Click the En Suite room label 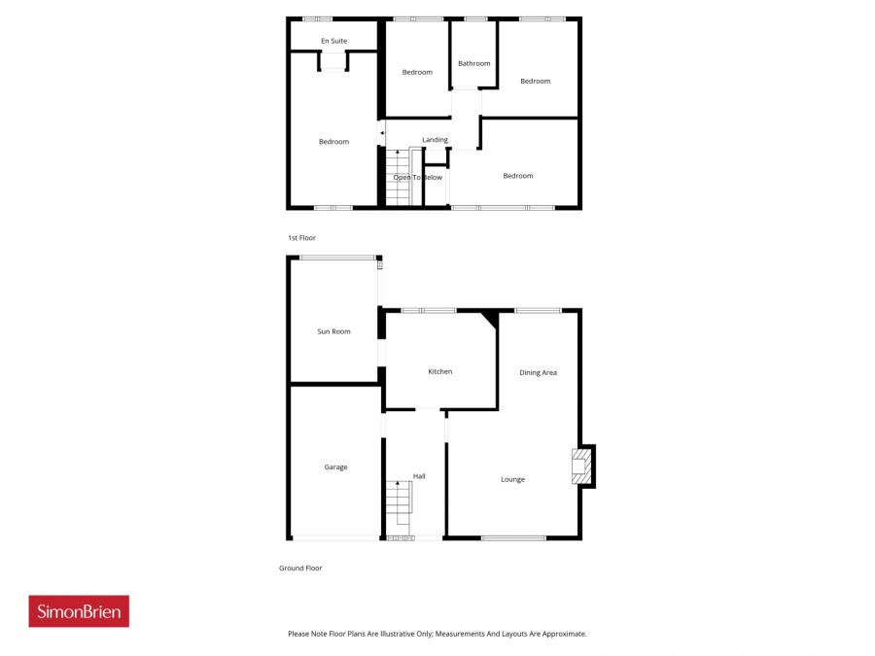point(333,41)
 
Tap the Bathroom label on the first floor point(474,63)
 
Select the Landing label point(435,140)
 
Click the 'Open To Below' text point(418,177)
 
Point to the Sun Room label point(333,331)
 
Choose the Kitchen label point(440,371)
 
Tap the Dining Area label point(538,372)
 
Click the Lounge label point(512,479)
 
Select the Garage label point(335,467)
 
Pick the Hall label point(419,476)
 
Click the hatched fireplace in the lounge point(580,466)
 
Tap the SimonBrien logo point(79,611)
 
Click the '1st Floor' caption point(301,238)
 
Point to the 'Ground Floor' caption point(300,569)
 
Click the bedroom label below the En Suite point(333,142)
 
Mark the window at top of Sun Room point(337,257)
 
